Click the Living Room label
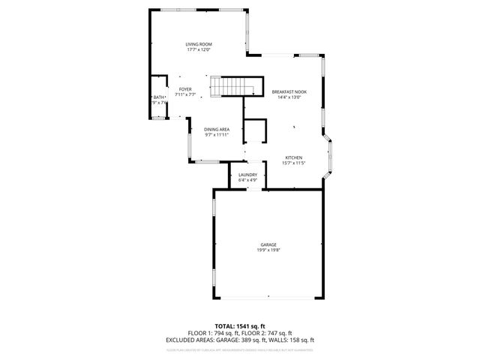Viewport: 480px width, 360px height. click(x=198, y=44)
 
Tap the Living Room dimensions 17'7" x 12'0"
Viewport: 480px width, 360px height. click(x=198, y=50)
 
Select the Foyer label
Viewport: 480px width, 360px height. click(x=184, y=89)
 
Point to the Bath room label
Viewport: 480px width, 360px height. click(x=158, y=97)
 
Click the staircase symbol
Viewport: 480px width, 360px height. click(x=234, y=86)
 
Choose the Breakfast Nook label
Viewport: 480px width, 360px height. click(x=289, y=91)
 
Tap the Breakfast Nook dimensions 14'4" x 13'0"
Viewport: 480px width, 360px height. click(x=289, y=97)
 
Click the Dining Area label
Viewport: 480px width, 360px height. click(x=217, y=129)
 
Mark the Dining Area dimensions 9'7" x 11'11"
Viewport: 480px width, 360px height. click(x=217, y=135)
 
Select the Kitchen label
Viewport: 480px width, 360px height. click(x=292, y=157)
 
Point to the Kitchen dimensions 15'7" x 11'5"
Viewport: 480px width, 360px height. click(x=292, y=163)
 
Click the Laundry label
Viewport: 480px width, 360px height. click(x=247, y=175)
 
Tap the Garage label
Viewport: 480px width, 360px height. click(x=268, y=244)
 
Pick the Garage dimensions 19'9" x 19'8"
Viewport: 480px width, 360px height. click(x=268, y=250)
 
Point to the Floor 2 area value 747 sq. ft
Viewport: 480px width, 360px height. click(x=278, y=333)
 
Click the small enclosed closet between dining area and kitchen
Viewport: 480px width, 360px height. click(x=256, y=130)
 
